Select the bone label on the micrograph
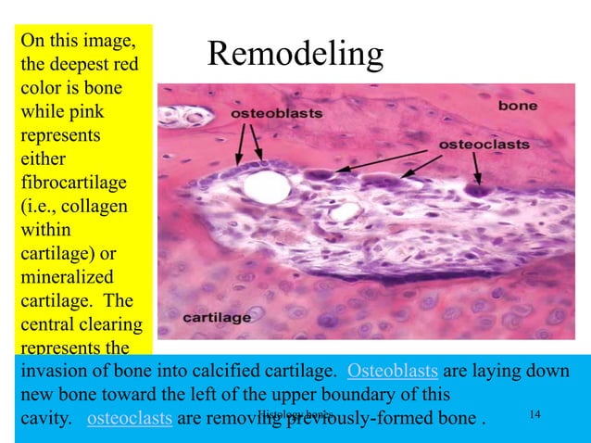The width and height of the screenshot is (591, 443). click(x=518, y=106)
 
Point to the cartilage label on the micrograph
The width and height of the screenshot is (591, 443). click(x=217, y=317)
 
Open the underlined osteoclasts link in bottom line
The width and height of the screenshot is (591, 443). click(x=129, y=418)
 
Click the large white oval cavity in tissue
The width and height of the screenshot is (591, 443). click(x=273, y=188)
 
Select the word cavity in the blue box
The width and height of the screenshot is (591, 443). click(x=44, y=418)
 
